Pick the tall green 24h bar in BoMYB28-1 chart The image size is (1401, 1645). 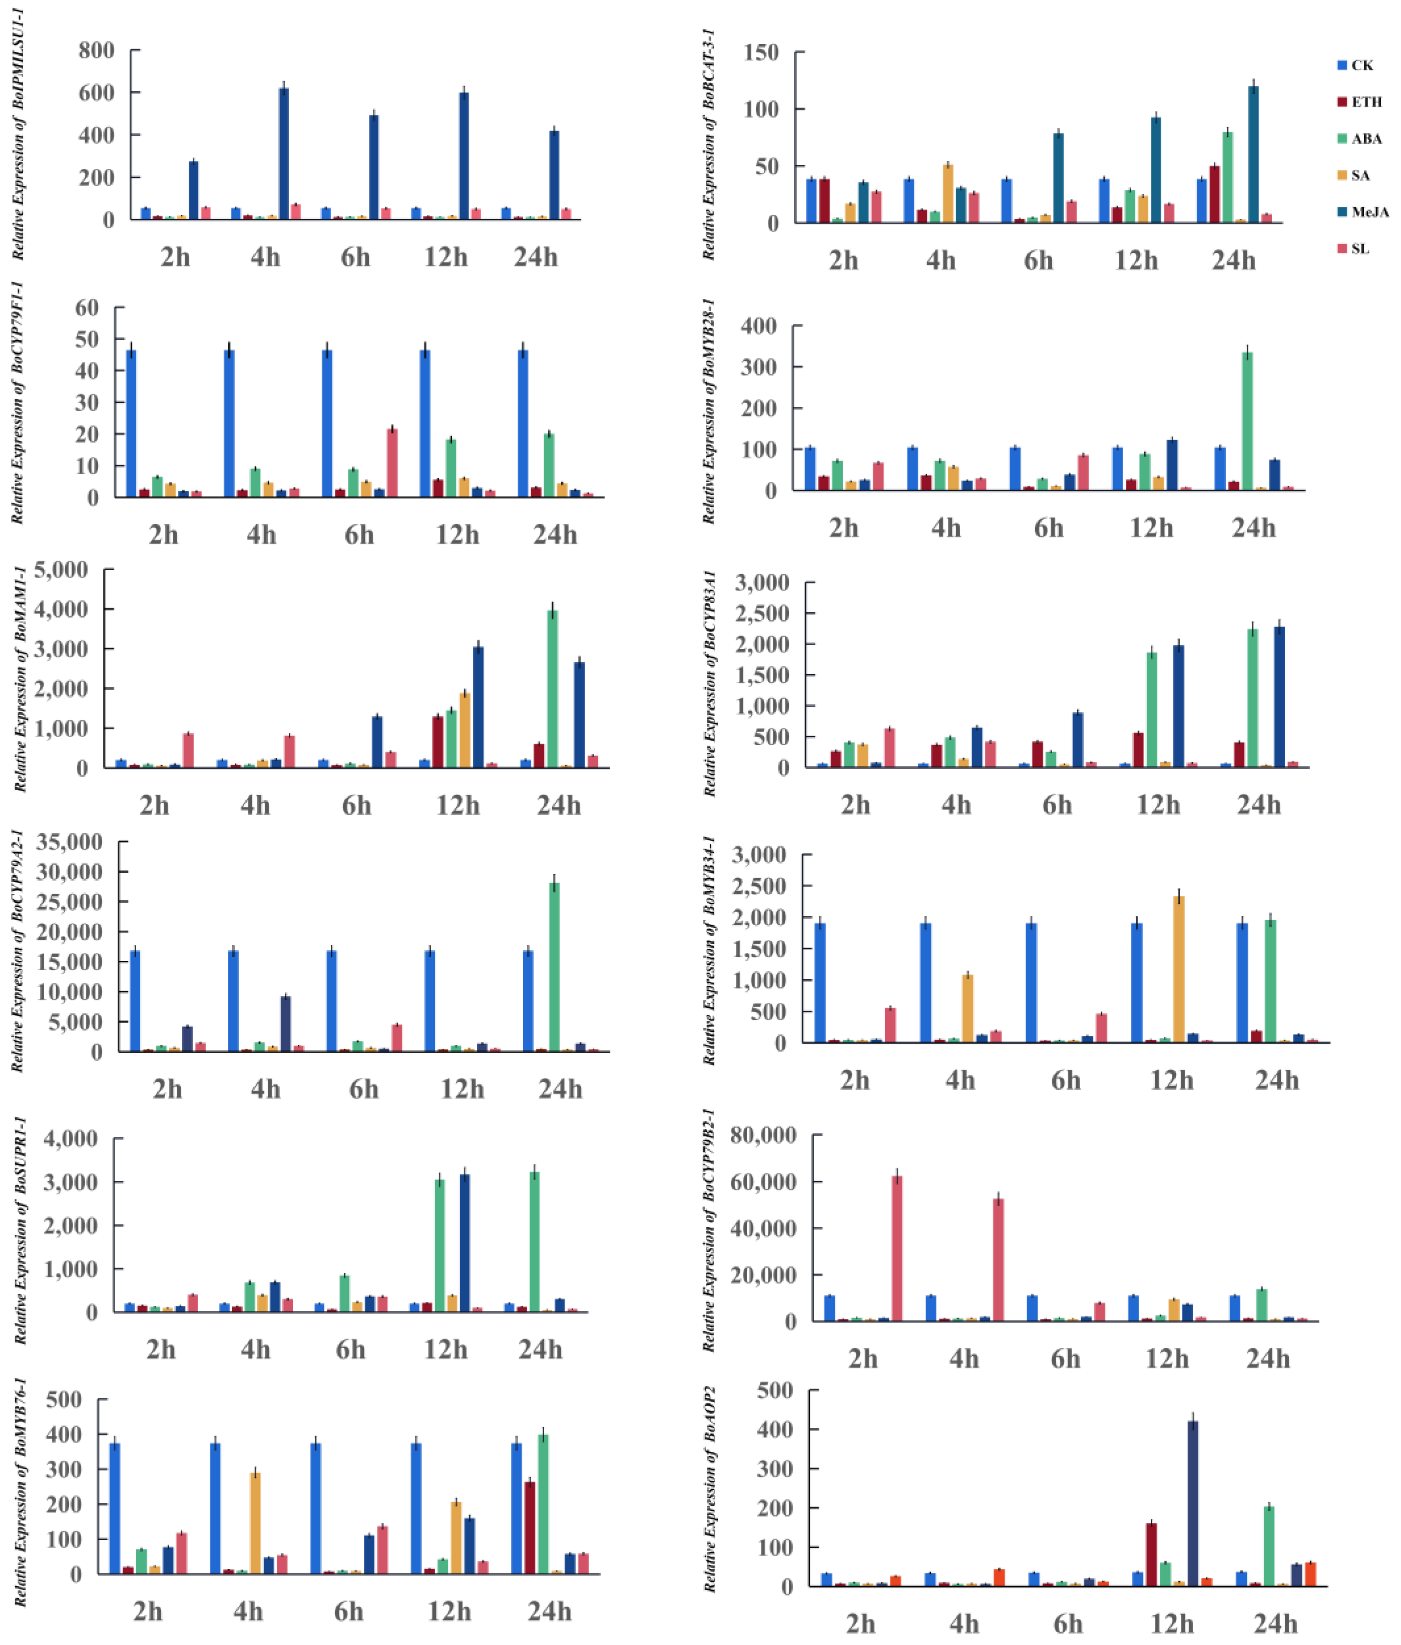1247,421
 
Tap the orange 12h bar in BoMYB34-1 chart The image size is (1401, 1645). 1180,969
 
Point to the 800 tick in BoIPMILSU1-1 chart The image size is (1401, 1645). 96,51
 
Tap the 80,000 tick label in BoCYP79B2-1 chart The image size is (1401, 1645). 764,1135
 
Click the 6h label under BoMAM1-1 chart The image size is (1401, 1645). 356,806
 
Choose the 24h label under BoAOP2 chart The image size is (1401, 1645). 1276,1624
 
